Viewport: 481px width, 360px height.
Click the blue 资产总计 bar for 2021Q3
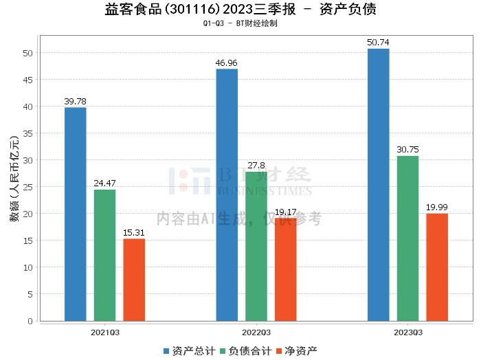76,214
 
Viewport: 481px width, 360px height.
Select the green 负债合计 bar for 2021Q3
104,255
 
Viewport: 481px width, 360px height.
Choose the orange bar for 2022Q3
285,269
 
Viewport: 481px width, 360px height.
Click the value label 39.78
76,102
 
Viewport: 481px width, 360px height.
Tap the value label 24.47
104,183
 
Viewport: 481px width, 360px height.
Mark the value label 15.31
134,233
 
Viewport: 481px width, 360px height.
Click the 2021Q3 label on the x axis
105,332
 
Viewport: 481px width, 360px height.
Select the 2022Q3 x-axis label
256,332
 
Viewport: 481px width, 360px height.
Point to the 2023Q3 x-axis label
408,332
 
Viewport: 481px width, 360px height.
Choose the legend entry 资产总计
187,350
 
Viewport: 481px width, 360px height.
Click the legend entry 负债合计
245,350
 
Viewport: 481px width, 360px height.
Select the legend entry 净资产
296,350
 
